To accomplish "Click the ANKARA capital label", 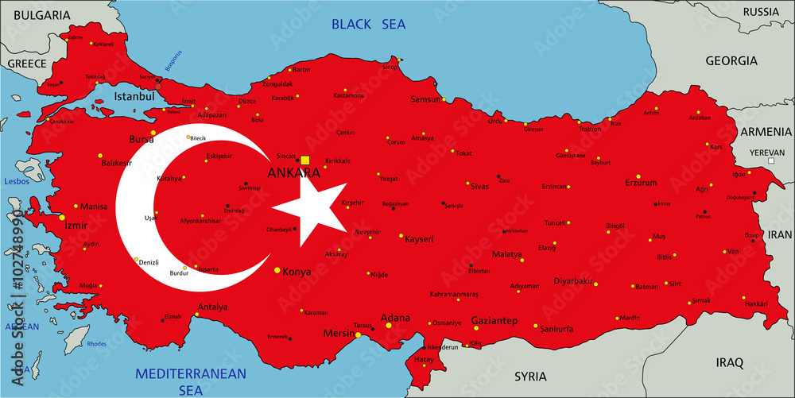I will click(294, 172).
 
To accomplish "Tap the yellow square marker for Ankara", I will click(304, 160).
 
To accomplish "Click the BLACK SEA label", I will click(363, 25).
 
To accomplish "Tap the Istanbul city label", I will click(134, 96).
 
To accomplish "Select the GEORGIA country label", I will click(731, 60).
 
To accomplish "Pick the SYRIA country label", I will click(530, 376).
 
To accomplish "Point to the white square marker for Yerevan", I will click(770, 160).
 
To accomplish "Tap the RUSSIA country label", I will click(760, 12).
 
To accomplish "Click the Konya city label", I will click(297, 271).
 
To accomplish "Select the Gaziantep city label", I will click(494, 321).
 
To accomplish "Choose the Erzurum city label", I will click(641, 183).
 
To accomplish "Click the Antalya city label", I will click(212, 307).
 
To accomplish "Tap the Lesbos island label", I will click(16, 181).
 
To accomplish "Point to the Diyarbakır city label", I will click(574, 280).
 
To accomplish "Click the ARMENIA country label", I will click(766, 131).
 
